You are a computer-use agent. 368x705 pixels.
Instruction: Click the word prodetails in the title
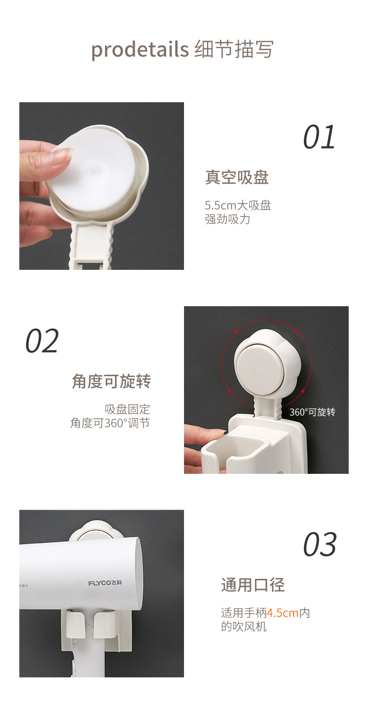click(140, 49)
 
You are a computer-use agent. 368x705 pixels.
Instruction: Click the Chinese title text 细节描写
click(234, 49)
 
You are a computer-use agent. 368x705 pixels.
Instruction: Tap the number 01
click(319, 137)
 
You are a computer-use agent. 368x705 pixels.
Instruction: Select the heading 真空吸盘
click(237, 177)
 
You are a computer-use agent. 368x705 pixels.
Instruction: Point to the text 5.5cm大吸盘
click(238, 205)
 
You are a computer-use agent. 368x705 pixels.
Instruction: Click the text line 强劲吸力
click(227, 219)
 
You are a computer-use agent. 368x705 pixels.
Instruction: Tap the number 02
click(42, 341)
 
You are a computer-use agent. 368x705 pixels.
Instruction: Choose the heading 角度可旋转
click(111, 381)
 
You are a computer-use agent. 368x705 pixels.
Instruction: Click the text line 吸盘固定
click(127, 409)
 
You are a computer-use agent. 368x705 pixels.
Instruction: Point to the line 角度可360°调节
click(110, 423)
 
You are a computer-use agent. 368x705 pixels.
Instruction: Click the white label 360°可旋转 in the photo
click(312, 412)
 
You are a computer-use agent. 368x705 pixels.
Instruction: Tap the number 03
click(320, 545)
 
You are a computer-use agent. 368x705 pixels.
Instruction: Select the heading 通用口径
click(253, 585)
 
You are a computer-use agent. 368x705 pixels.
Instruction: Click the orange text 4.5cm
click(283, 613)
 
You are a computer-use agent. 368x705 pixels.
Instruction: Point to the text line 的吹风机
click(244, 627)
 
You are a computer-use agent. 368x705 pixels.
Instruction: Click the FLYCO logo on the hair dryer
click(105, 583)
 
